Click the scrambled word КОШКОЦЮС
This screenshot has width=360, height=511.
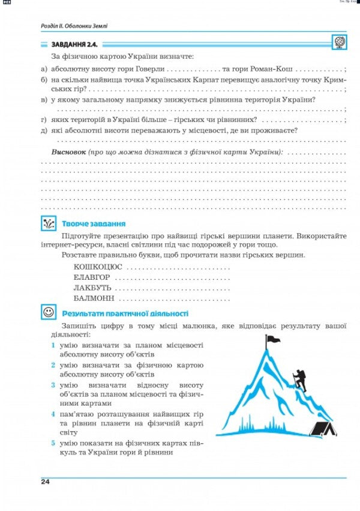pos(98,266)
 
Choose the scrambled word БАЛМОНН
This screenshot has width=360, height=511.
pos(94,298)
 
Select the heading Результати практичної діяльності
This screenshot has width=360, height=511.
pos(125,313)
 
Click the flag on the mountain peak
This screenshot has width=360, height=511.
pos(273,340)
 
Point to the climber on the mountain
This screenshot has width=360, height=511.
pos(299,381)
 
